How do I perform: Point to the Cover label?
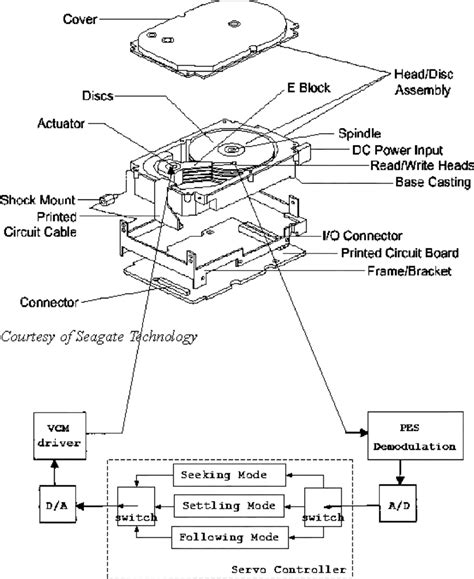85,19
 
